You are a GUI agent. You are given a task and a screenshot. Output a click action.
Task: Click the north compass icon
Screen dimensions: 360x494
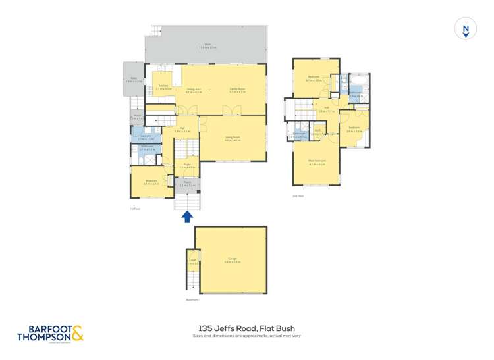tap(466, 29)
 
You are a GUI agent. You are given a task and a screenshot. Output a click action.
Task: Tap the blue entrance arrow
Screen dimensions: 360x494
tap(187, 216)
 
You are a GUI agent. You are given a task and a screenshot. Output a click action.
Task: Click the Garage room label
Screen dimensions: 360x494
tap(233, 259)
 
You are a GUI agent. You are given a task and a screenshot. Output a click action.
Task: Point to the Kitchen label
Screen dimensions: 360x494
tap(163, 86)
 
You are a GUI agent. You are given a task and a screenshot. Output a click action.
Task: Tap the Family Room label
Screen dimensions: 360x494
tap(237, 90)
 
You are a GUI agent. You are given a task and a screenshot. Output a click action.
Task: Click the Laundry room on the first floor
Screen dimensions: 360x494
tap(146, 136)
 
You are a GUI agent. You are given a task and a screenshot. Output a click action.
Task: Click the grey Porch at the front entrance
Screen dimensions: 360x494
tap(187, 184)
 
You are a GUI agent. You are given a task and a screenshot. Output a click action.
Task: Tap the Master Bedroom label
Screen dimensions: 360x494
tap(317, 161)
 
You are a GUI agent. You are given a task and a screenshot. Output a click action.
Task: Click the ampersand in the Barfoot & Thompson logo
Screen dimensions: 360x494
tap(78, 334)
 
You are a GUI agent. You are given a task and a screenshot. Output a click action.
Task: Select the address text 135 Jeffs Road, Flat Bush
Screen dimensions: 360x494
tap(247, 327)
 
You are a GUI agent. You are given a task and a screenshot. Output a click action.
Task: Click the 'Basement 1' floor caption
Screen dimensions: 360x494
tap(193, 300)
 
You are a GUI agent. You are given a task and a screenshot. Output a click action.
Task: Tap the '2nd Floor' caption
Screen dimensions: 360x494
tap(298, 195)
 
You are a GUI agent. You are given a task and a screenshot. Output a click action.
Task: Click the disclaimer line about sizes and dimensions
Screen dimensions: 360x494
tap(247, 336)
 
